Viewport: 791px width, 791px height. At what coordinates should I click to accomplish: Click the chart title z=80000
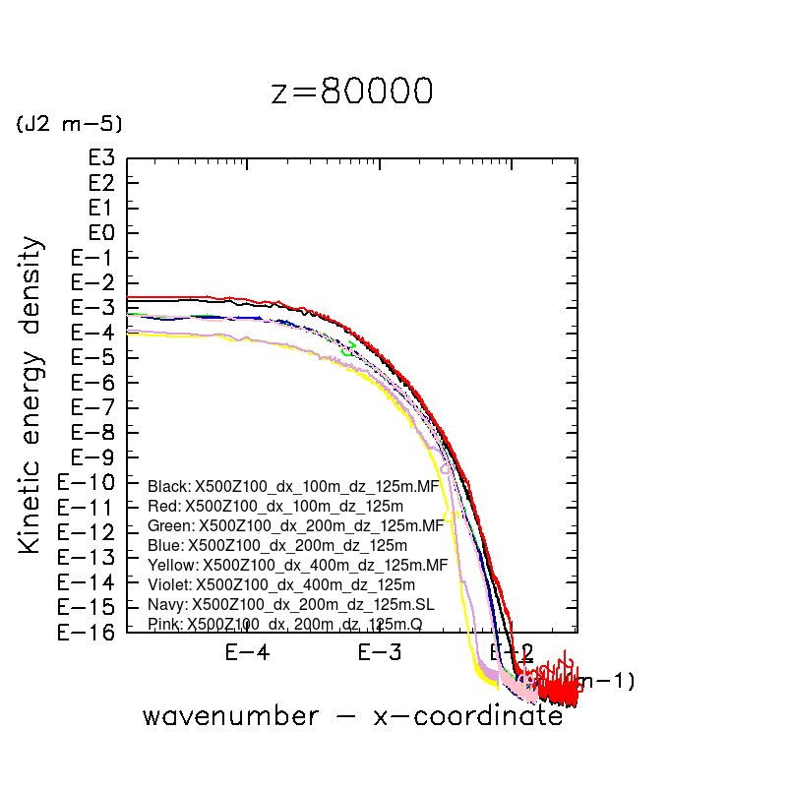351,91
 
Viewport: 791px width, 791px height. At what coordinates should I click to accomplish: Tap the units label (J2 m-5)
69,124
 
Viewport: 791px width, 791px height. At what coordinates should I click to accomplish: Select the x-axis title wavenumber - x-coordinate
352,715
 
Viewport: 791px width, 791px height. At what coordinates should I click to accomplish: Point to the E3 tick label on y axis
101,157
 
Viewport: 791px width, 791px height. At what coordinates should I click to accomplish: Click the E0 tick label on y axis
101,232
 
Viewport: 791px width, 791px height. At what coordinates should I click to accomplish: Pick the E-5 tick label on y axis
94,357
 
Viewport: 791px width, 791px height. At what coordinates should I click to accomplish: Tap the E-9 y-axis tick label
94,457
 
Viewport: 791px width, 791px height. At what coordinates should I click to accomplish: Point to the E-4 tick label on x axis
247,652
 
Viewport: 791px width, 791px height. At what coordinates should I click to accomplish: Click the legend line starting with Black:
293,486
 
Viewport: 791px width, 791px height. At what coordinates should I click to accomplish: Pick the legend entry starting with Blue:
277,545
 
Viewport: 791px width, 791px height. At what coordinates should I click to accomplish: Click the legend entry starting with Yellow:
297,565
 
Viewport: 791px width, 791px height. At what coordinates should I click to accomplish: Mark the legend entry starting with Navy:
290,604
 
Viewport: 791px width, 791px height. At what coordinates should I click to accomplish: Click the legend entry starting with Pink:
284,624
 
